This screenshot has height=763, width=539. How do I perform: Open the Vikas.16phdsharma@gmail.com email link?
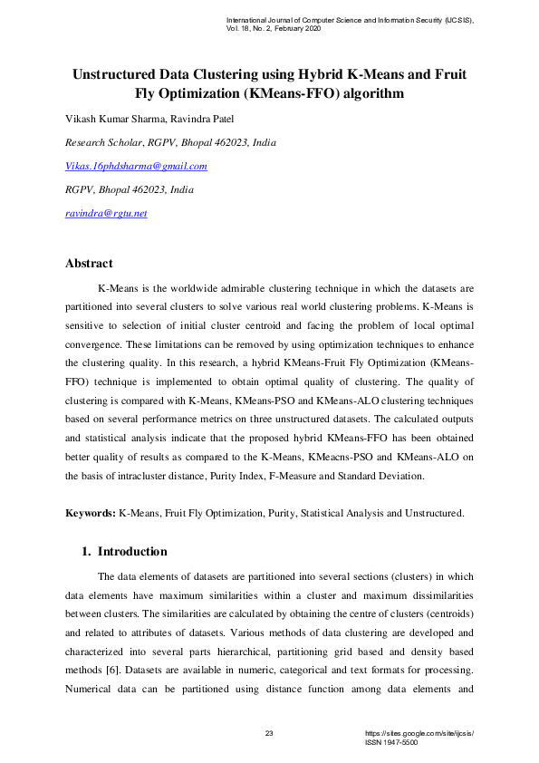[136, 166]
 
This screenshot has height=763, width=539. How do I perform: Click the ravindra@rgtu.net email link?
[106, 213]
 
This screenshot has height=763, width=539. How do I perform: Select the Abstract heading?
[89, 264]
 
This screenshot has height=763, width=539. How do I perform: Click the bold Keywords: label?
[91, 513]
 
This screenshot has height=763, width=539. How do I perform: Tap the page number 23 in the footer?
[269, 732]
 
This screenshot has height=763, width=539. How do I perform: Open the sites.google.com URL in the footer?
[419, 732]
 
